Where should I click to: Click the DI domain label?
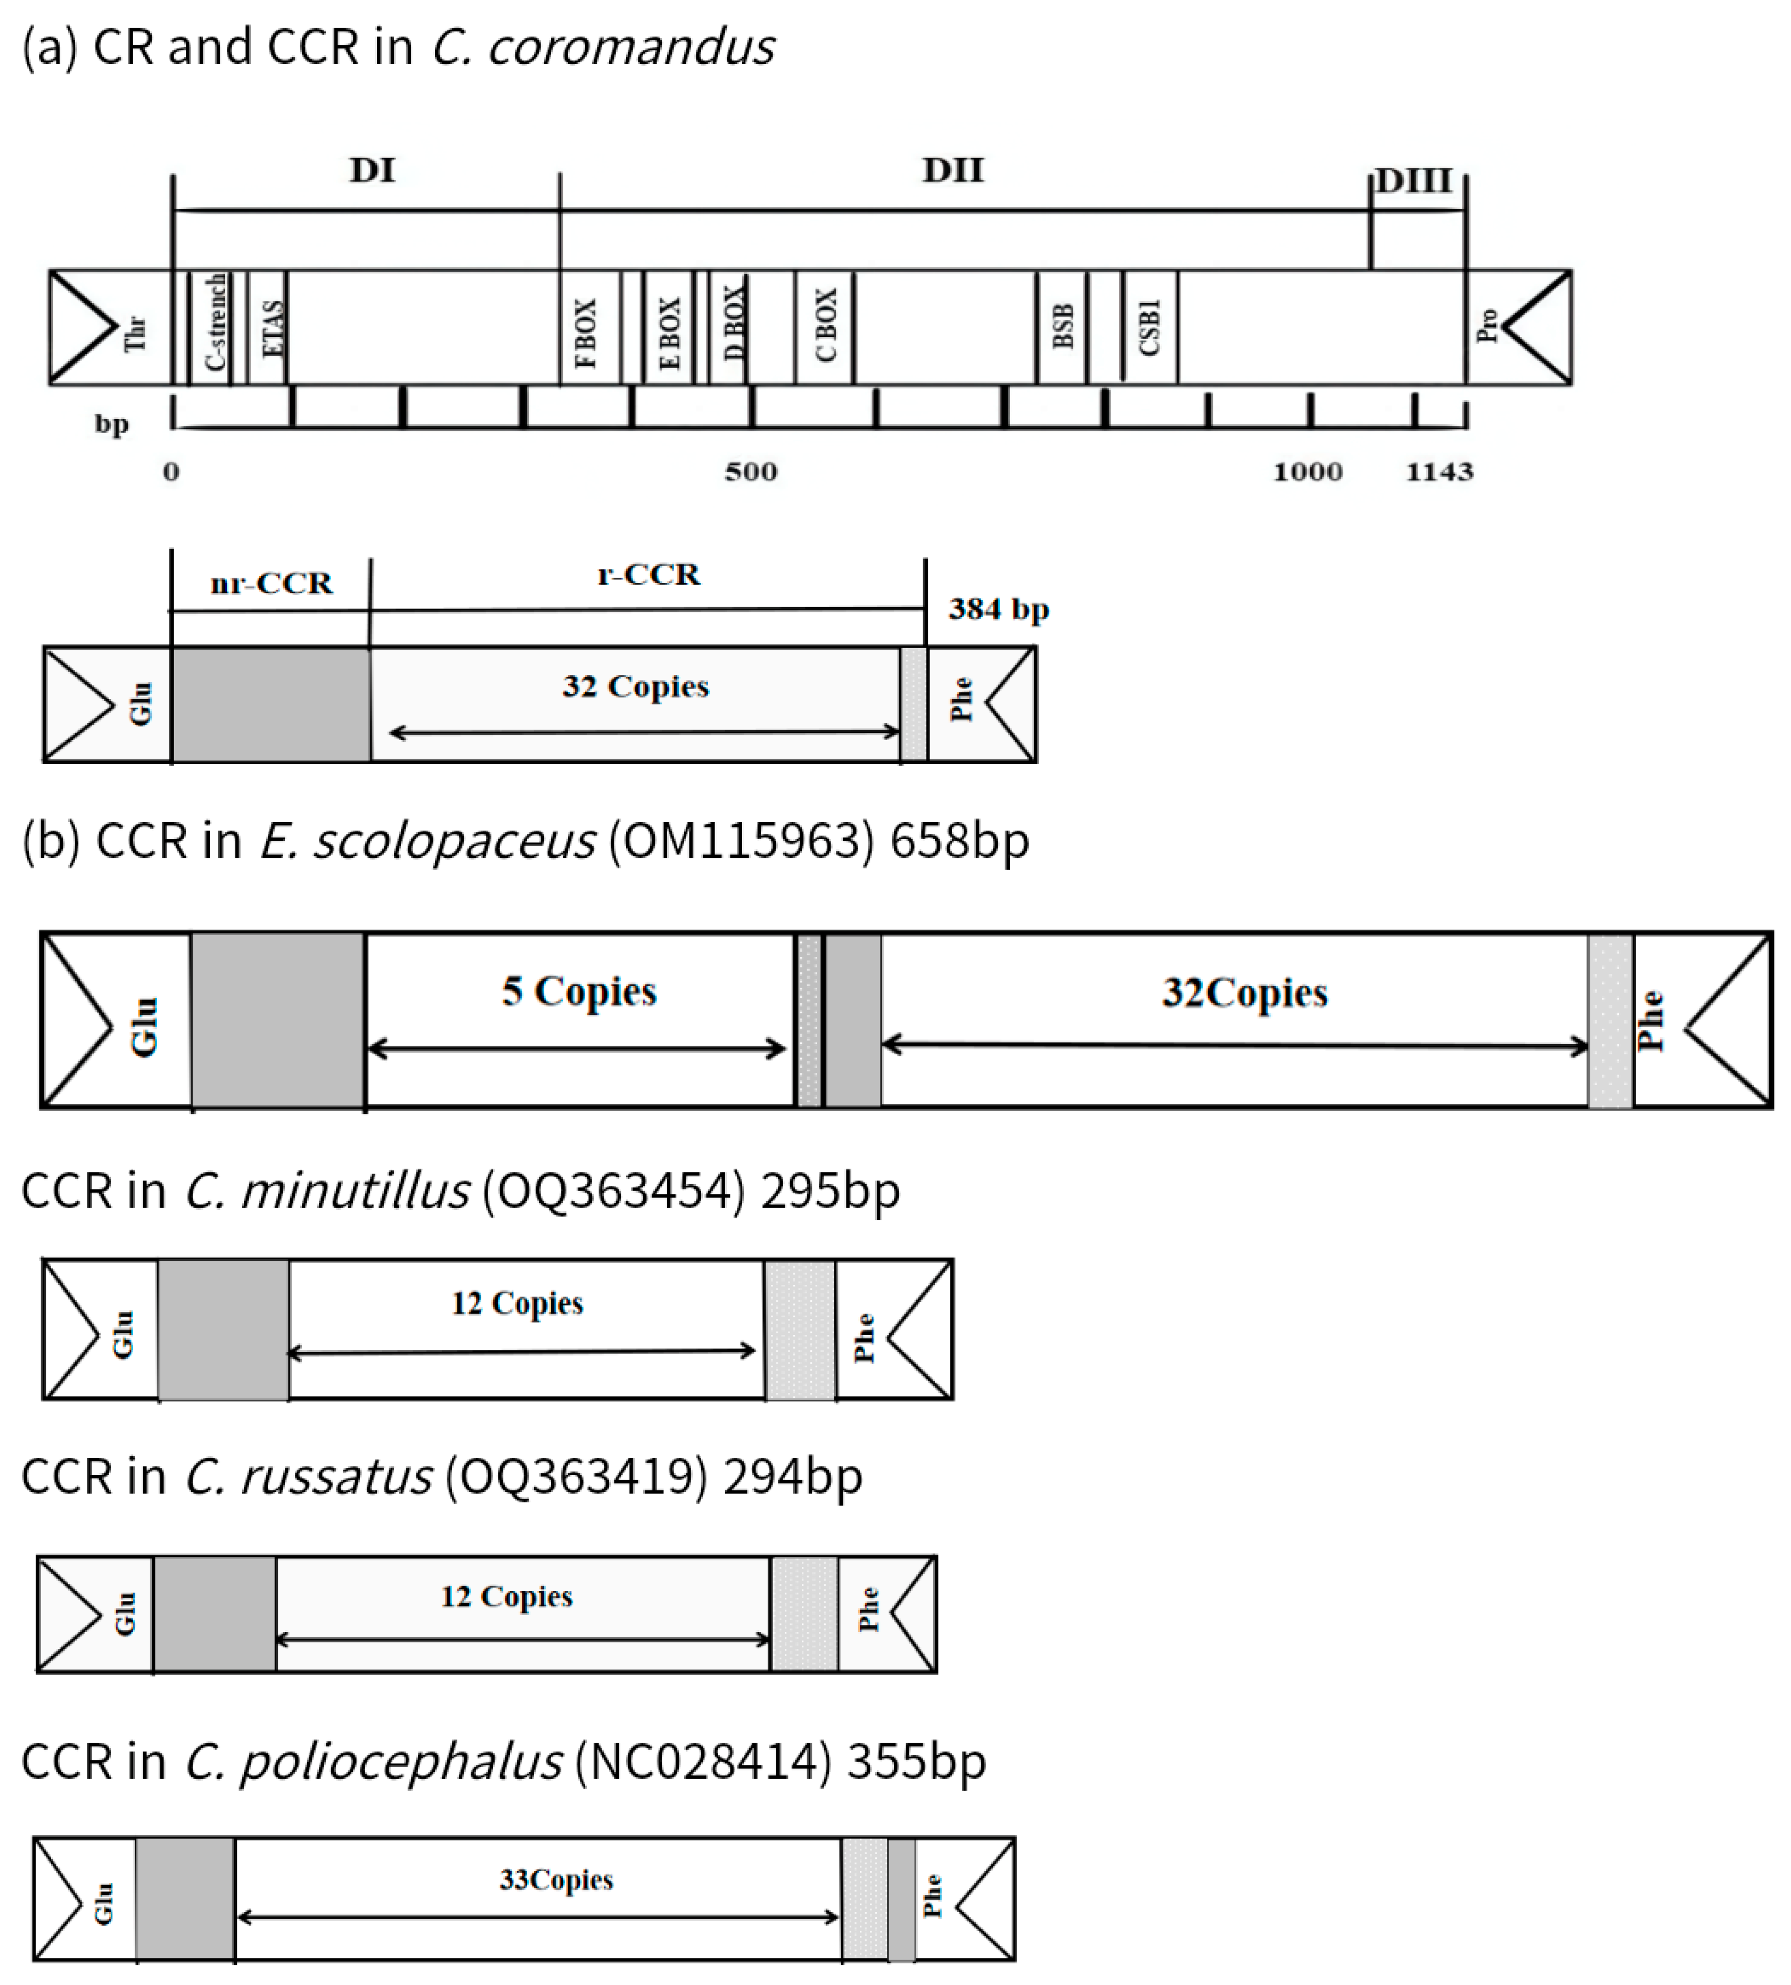[372, 170]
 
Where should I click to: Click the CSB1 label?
[1149, 327]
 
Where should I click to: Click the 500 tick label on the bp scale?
[751, 471]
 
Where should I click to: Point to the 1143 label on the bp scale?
[1439, 471]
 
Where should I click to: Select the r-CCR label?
[648, 575]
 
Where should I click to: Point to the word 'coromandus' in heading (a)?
[631, 47]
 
